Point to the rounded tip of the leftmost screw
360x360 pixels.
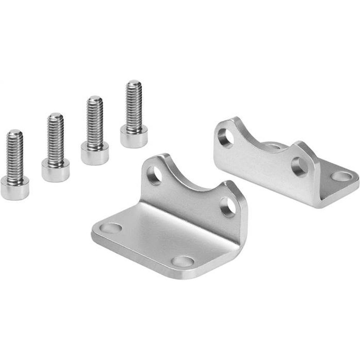15,133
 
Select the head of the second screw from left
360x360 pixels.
55,170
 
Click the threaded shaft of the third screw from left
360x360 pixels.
95,124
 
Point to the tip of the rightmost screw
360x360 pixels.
134,83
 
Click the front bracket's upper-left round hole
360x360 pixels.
155,175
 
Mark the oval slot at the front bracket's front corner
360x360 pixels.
183,260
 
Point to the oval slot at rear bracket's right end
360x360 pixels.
341,176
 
